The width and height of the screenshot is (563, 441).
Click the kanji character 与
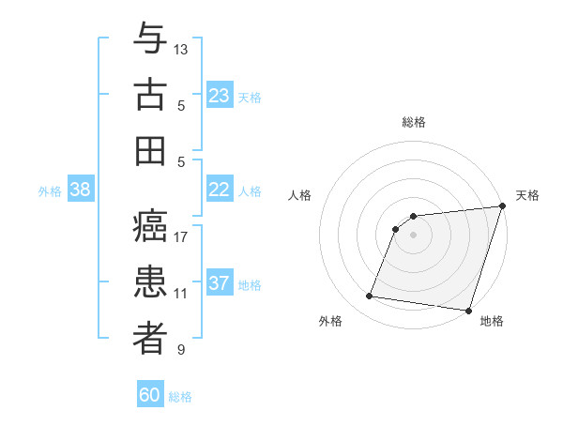coord(150,39)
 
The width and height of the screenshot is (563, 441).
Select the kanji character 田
coord(150,150)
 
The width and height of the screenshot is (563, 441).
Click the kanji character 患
coord(150,283)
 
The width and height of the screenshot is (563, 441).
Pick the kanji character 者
coord(150,339)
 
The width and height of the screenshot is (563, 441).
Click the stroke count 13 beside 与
coord(181,49)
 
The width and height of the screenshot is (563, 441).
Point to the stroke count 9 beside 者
coord(181,350)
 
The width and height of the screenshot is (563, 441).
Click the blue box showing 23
coord(220,96)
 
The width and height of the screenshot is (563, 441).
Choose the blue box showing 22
coord(220,190)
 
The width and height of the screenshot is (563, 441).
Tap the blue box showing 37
coord(220,283)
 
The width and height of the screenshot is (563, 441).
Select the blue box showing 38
coord(81,190)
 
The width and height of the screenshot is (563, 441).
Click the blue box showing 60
coord(150,395)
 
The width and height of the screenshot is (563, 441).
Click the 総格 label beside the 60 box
coord(180,397)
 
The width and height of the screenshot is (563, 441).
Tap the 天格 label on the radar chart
coord(527,195)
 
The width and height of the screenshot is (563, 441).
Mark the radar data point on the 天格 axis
coord(501,206)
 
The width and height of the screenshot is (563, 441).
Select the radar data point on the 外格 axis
coord(370,297)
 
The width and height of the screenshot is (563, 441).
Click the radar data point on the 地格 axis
coord(468,310)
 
